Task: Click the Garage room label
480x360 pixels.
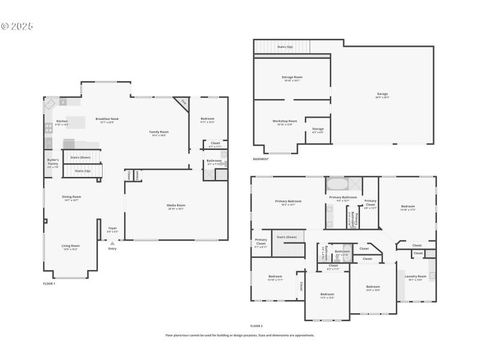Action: click(x=382, y=94)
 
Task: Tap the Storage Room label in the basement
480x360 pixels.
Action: click(x=292, y=78)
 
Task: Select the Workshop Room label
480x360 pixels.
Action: click(x=285, y=122)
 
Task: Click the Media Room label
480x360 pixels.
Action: click(x=176, y=206)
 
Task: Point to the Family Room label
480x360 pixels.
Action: click(x=159, y=133)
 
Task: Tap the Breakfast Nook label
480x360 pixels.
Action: click(x=107, y=119)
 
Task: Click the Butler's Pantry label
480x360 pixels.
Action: click(x=53, y=162)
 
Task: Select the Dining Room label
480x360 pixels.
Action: click(x=72, y=197)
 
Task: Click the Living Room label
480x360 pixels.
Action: click(x=71, y=246)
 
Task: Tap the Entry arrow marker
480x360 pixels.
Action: click(x=112, y=242)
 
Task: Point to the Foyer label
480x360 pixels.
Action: click(x=112, y=229)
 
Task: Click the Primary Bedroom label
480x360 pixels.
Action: click(x=288, y=202)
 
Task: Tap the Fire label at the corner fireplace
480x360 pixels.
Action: click(x=183, y=103)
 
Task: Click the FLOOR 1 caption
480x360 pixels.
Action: click(x=49, y=283)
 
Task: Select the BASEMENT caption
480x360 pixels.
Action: click(x=260, y=159)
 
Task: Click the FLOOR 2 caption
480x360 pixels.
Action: click(x=256, y=326)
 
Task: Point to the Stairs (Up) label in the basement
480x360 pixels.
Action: click(x=284, y=46)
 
